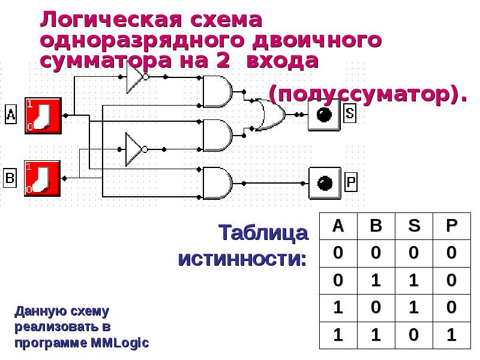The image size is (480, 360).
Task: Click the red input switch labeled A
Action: click(x=43, y=116)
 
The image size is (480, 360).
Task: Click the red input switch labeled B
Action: click(x=43, y=178)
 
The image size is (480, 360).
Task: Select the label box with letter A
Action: click(x=11, y=115)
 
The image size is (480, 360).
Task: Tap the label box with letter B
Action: click(x=10, y=178)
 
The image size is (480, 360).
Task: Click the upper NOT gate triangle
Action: click(x=135, y=77)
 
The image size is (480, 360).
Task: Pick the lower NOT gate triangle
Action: click(x=134, y=149)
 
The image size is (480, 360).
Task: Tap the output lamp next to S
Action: click(x=324, y=115)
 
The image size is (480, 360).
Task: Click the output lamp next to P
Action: click(x=325, y=183)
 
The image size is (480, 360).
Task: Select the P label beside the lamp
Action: click(x=351, y=181)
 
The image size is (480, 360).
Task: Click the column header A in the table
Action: click(x=338, y=226)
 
